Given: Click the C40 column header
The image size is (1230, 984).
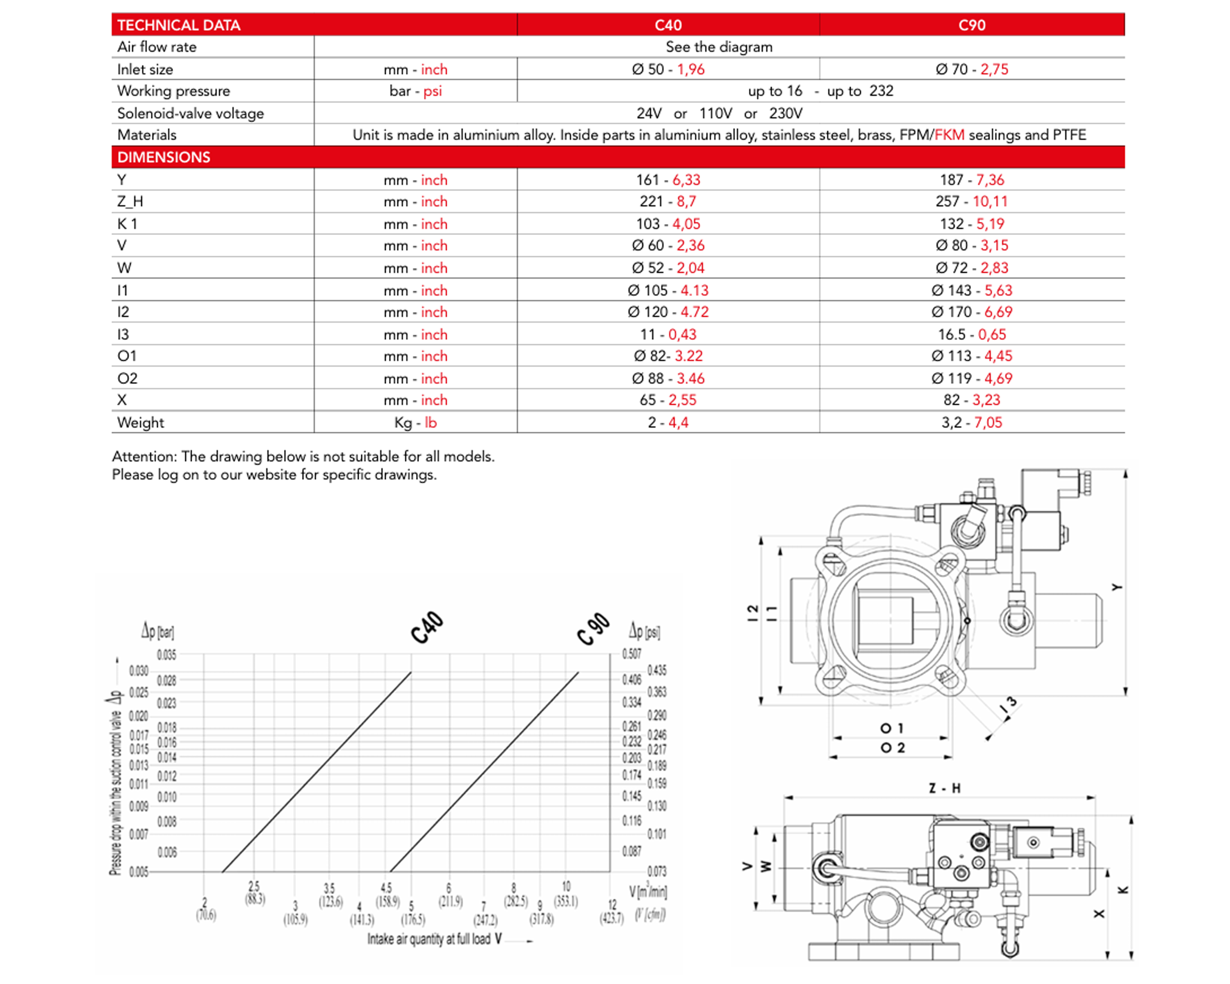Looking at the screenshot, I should click(668, 25).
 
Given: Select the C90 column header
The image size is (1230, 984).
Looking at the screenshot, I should click(972, 25).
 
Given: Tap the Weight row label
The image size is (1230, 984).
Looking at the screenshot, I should click(140, 423).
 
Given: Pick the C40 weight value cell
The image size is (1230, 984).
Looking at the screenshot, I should click(668, 423).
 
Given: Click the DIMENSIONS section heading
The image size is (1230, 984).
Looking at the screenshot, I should click(164, 157).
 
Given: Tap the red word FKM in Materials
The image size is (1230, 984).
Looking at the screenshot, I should click(949, 135).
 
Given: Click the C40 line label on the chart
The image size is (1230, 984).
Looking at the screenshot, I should click(427, 627).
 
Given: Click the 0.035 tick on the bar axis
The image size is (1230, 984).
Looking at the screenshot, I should click(166, 655).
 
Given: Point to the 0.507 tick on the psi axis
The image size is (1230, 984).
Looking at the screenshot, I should click(631, 654).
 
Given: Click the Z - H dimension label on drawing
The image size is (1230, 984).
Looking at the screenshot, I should click(944, 788).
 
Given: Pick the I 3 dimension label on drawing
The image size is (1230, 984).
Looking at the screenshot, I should click(1009, 706).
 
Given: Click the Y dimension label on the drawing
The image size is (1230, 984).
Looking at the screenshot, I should click(1116, 587).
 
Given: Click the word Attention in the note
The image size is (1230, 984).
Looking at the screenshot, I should click(144, 457).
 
